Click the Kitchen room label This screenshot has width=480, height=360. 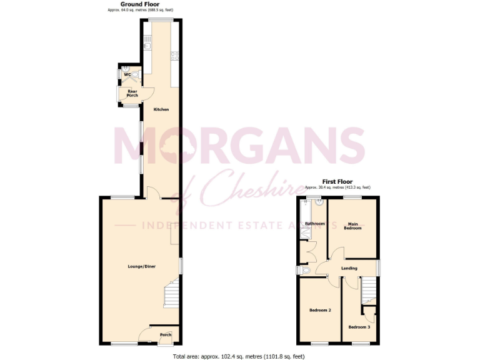pos(161,109)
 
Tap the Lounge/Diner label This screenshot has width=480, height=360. pos(142,266)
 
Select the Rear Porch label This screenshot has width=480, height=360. pos(132,93)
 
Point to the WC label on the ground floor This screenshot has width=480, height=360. pos(127,75)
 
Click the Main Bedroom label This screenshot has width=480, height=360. pos(352,226)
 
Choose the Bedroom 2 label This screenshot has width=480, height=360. pos(321,310)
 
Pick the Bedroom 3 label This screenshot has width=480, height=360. pos(359,327)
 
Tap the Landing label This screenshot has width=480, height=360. pos(349,268)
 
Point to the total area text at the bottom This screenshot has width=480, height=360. pos(239,356)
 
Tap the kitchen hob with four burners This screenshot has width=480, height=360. pos(176,55)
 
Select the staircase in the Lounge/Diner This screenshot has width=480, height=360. pos(171,294)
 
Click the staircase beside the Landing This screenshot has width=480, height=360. pos(369,289)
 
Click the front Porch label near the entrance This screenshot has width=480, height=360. pos(166,334)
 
